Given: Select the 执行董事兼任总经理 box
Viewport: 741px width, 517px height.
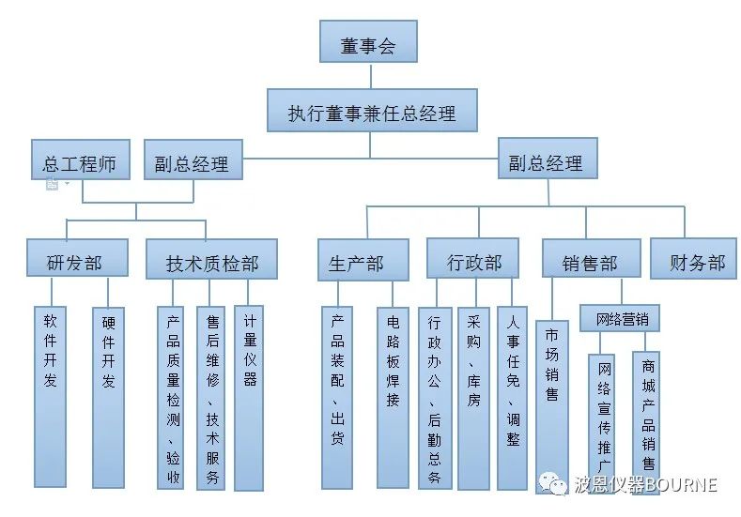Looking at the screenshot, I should pos(372,114).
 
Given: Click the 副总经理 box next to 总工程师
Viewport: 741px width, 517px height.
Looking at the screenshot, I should pos(193,162).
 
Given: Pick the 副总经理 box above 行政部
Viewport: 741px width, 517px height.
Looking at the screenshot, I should pos(546,161).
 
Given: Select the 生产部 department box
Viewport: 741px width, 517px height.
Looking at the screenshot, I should pos(363,262).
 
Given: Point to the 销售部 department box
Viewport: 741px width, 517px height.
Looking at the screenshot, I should pos(591,262).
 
